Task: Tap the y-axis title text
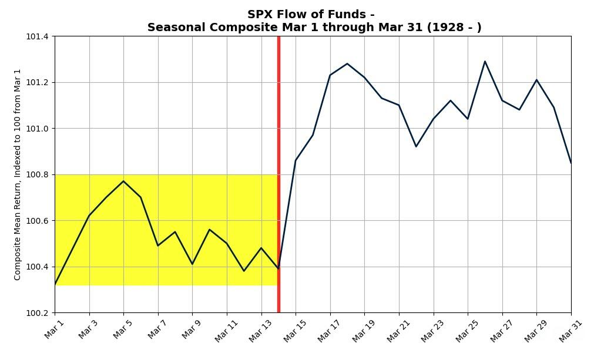click(x=18, y=174)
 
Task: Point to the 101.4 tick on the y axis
click(x=37, y=36)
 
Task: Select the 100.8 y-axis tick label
click(x=37, y=174)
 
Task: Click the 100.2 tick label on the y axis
click(x=37, y=313)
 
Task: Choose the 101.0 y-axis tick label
click(x=37, y=129)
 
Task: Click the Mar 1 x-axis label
click(x=54, y=329)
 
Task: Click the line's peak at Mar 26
click(x=485, y=61)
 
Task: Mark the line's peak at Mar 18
click(x=347, y=63)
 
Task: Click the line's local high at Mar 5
click(x=123, y=181)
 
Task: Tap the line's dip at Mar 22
click(x=416, y=146)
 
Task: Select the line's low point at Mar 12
click(x=244, y=271)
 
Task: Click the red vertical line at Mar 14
click(x=278, y=147)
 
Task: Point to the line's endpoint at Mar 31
click(x=570, y=163)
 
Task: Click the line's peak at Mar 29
click(x=536, y=80)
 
